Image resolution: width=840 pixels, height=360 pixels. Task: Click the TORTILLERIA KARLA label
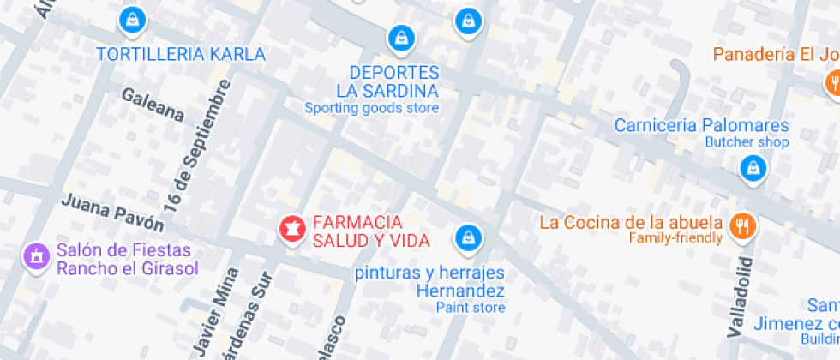tap(181, 54)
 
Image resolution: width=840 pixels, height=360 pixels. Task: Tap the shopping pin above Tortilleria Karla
tap(132, 20)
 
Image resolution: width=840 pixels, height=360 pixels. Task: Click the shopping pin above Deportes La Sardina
tap(399, 37)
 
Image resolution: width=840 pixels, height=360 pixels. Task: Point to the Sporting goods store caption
tap(372, 108)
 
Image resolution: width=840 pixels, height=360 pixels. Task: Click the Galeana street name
tap(153, 103)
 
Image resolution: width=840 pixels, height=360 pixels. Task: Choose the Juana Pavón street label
tap(112, 212)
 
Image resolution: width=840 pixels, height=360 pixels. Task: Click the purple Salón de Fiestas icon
tap(35, 255)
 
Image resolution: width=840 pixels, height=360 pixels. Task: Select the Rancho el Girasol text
tap(128, 268)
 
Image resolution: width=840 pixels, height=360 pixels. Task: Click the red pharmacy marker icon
tap(291, 228)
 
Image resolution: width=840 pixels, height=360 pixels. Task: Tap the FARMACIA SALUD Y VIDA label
tap(370, 231)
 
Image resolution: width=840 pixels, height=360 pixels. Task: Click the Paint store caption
tap(471, 307)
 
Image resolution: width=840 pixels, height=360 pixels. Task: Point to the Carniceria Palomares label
tap(701, 126)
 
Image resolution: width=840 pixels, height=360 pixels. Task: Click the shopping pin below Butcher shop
tap(753, 168)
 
